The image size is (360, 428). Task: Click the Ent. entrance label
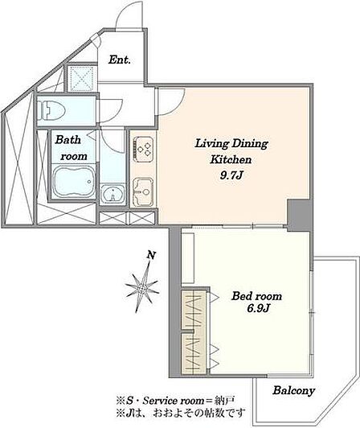[120, 60]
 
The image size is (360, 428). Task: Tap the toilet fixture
[51, 110]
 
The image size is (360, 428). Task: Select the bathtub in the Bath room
[74, 182]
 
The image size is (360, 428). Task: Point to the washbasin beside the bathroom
[112, 194]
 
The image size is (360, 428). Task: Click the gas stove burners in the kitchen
[143, 149]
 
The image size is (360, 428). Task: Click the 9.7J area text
[231, 175]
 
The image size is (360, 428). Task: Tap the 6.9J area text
[258, 308]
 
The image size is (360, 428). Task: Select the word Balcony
[294, 391]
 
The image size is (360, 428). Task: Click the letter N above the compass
[151, 256]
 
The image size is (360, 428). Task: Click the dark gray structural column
[300, 215]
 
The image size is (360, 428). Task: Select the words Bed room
[256, 296]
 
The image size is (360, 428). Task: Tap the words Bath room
[71, 148]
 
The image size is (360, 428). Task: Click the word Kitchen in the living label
[231, 159]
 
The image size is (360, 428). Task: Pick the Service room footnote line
[175, 401]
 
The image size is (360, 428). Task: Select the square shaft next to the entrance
[81, 78]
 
